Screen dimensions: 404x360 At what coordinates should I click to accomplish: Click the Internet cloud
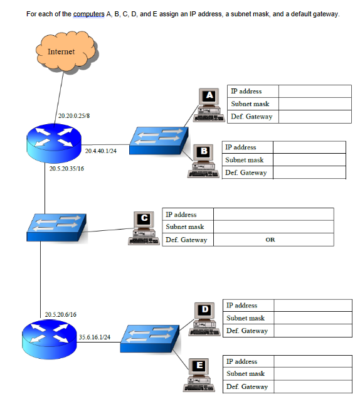(x=61, y=52)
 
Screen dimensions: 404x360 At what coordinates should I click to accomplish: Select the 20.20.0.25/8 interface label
(x=74, y=116)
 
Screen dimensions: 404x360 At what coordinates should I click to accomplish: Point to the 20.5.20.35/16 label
(x=65, y=168)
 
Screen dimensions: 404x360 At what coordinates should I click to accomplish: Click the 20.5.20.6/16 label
(x=61, y=314)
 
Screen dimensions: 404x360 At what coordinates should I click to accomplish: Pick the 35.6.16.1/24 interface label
(x=94, y=337)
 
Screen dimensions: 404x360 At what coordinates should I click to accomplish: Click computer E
(x=199, y=375)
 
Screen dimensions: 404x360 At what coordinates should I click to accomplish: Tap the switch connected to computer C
(x=56, y=226)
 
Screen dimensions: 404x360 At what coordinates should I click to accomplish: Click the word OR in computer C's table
(x=270, y=240)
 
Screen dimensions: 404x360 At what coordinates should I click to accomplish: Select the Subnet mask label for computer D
(x=245, y=318)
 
